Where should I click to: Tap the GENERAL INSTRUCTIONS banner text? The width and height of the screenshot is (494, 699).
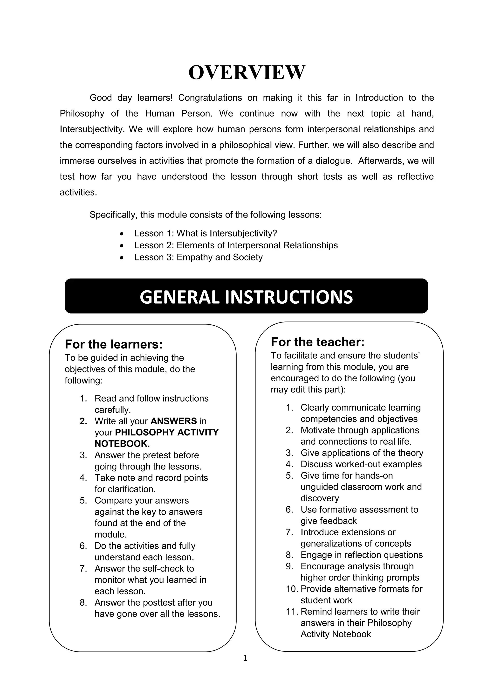pos(246,297)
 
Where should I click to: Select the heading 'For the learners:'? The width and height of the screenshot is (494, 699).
pos(114,344)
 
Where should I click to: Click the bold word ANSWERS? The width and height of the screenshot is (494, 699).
pos(174,421)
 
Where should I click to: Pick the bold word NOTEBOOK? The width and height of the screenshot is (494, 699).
pos(122,444)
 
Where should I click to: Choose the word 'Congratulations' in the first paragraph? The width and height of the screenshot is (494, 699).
pos(210,98)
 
